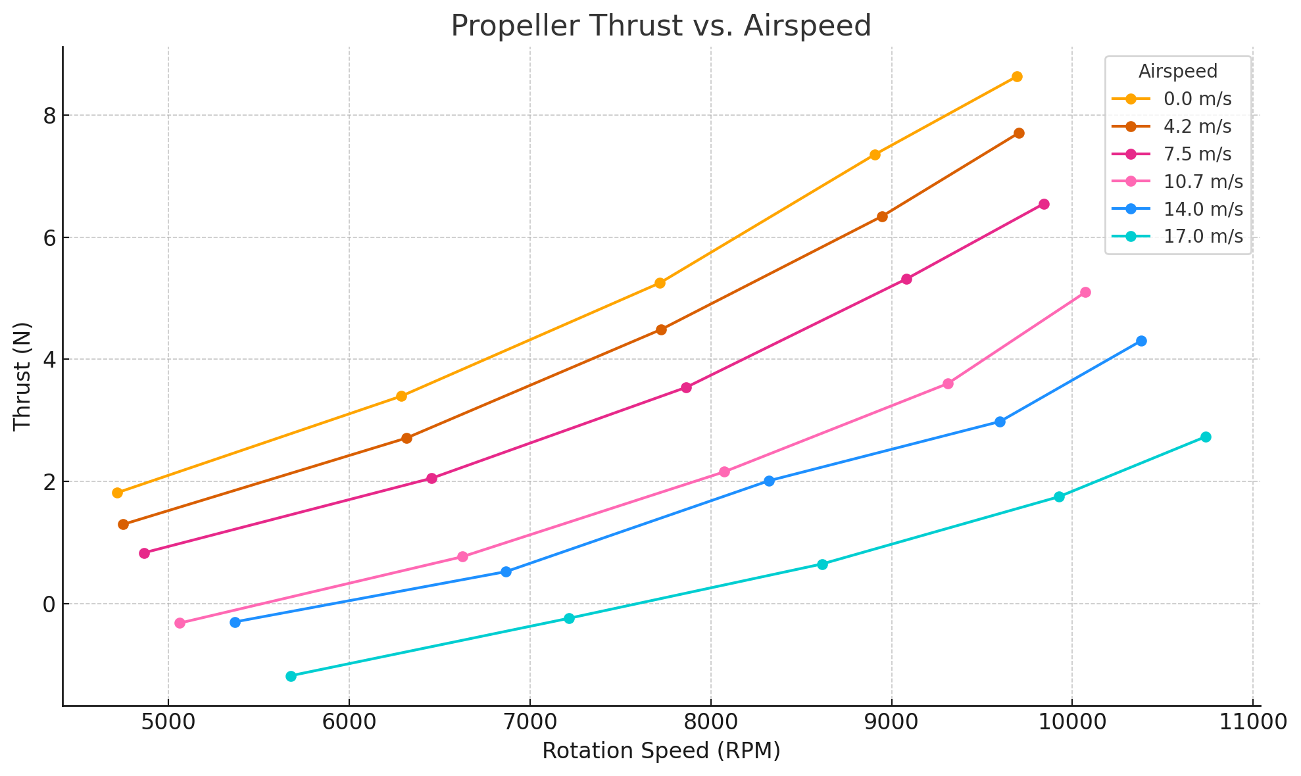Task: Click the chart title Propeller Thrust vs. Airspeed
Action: click(660, 26)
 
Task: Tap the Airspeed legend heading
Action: click(1177, 70)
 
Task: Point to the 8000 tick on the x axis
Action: click(710, 724)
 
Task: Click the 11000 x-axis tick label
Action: click(1252, 724)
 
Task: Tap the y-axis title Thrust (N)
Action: click(22, 376)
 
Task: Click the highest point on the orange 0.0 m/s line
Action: click(1017, 76)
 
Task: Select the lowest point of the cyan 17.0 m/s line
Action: click(291, 676)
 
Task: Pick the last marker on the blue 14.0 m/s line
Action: click(1141, 341)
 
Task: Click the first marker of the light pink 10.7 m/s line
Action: click(180, 623)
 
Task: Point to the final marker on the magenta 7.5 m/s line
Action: click(1044, 204)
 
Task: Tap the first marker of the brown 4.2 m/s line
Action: click(123, 524)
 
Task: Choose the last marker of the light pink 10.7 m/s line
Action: click(1085, 292)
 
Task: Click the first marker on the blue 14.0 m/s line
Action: click(235, 622)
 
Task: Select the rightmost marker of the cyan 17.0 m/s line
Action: click(1206, 437)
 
